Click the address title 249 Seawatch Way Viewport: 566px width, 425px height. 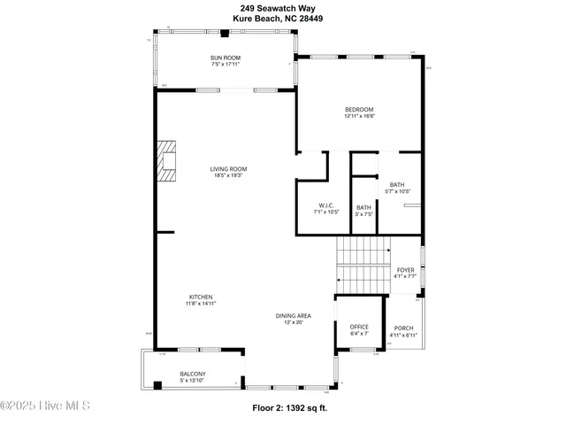click(282, 7)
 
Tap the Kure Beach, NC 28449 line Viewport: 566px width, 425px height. click(282, 17)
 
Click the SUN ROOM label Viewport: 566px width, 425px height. click(226, 58)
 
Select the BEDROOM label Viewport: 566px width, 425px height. click(360, 110)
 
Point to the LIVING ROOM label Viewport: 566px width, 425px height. click(228, 168)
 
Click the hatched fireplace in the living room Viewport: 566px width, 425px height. click(166, 161)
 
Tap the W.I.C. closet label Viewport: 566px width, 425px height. click(326, 206)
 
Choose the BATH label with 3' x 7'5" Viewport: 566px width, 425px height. click(364, 208)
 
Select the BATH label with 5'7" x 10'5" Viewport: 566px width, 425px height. click(398, 184)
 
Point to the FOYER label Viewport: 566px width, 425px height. click(405, 270)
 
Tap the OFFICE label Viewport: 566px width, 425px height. click(359, 327)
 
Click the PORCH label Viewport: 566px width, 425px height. click(402, 328)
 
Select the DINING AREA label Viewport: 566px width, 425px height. click(292, 315)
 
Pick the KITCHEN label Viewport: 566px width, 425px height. click(201, 297)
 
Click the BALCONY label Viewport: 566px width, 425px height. click(193, 374)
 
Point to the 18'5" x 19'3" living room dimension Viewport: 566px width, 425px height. click(228, 175)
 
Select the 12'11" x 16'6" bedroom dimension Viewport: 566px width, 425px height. click(360, 116)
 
